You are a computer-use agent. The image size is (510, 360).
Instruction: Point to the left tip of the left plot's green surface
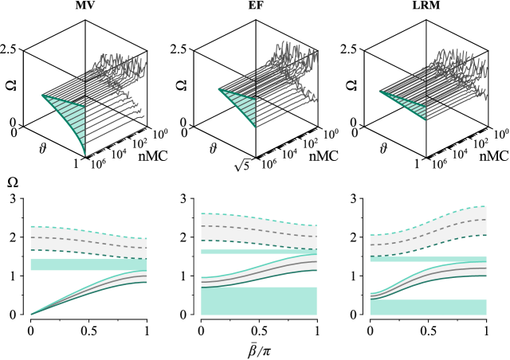(x=42, y=95)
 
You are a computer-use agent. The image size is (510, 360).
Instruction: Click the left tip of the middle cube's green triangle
(x=219, y=89)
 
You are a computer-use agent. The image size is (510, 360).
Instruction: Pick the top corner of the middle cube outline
(x=256, y=21)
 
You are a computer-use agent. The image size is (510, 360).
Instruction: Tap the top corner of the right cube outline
(x=426, y=21)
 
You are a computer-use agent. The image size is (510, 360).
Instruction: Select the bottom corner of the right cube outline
(x=426, y=157)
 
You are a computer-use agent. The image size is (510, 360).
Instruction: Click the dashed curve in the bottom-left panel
(x=88, y=241)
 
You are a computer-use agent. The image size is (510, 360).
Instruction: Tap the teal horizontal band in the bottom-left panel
(x=88, y=264)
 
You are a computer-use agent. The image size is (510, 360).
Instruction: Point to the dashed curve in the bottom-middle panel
(x=259, y=229)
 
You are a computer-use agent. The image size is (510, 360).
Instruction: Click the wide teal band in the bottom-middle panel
(x=259, y=301)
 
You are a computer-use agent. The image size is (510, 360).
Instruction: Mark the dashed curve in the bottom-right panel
(x=428, y=233)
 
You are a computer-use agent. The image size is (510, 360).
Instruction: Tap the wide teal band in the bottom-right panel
(x=428, y=307)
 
